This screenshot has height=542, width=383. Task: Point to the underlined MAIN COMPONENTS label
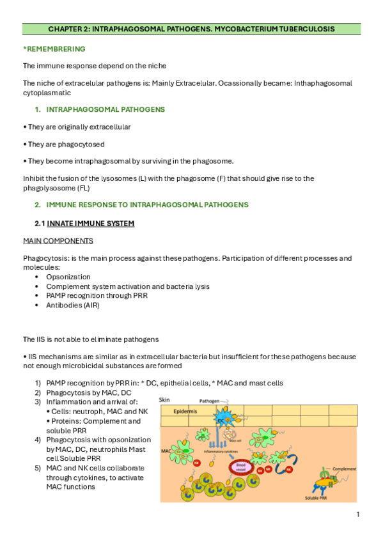58,240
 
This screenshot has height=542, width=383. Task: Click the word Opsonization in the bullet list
68,277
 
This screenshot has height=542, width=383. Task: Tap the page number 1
358,515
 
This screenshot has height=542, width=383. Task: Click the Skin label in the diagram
164,399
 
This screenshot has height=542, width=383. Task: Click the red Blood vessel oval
242,465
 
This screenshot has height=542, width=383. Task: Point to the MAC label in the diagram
167,451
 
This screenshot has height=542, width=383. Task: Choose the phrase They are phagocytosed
64,144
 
